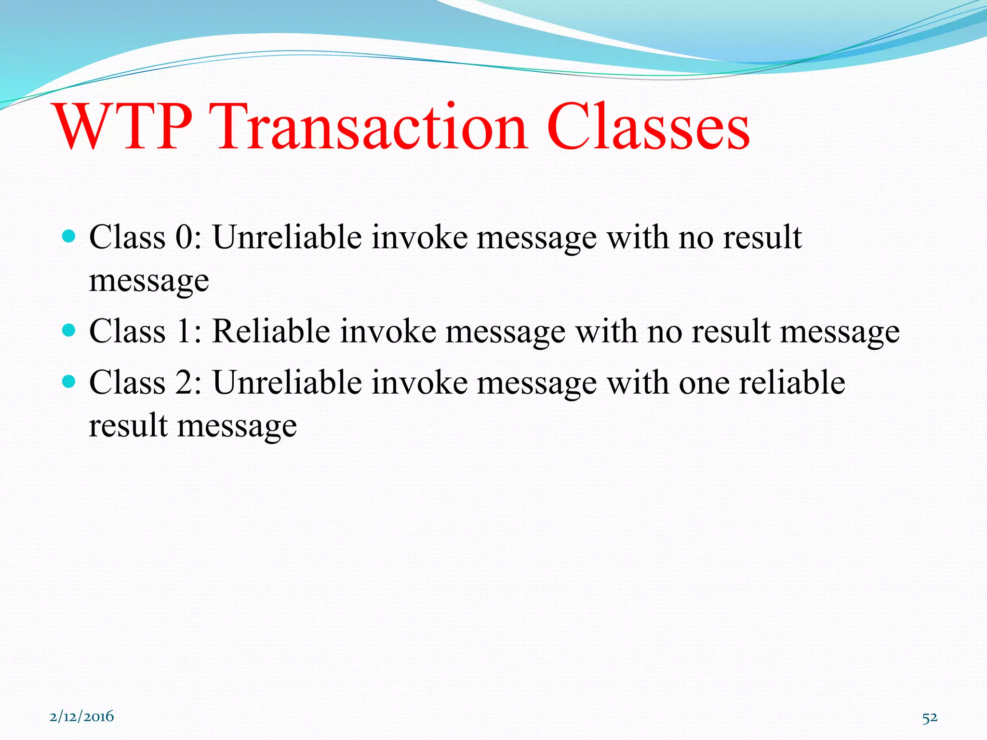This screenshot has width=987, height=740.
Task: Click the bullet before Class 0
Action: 69,236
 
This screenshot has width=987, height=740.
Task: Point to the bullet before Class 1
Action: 69,330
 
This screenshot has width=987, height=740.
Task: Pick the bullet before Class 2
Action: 69,382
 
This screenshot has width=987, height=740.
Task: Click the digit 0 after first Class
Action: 184,237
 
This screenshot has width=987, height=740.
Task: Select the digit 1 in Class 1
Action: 184,331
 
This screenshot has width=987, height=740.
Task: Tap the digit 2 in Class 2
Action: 184,383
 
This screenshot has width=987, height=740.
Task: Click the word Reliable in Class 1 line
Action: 270,331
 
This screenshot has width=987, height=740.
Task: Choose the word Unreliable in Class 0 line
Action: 287,237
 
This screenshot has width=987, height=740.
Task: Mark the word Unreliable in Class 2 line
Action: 287,383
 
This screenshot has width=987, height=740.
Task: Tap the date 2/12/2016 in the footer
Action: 82,716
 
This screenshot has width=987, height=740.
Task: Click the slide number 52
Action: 930,718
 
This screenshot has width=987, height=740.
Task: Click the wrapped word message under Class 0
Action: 149,281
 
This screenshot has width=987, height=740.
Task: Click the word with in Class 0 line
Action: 637,237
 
